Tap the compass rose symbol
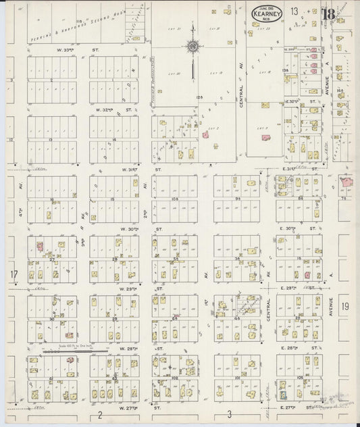click(x=192, y=47)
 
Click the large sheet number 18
click(x=329, y=15)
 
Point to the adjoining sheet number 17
click(x=14, y=274)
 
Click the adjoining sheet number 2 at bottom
click(x=99, y=413)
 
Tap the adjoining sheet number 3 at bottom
click(x=229, y=413)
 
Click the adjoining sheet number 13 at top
click(x=294, y=11)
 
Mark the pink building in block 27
click(x=40, y=248)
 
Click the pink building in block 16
click(x=308, y=274)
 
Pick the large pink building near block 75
click(x=347, y=182)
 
